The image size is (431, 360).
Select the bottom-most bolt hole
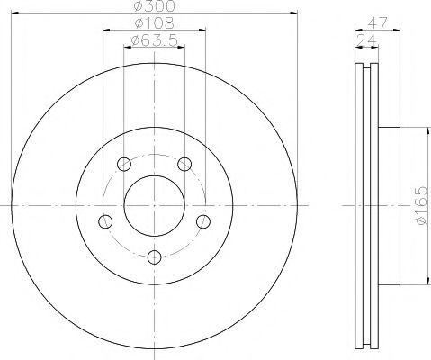[x=154, y=257]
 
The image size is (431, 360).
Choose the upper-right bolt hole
[x=184, y=165]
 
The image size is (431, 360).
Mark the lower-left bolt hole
[x=105, y=221]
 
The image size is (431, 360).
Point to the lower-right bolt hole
[x=202, y=221]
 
